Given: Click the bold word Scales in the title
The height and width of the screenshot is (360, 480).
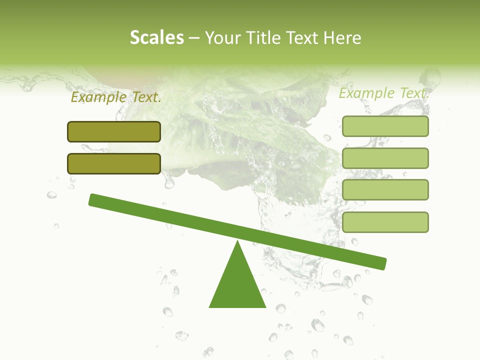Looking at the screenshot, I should [x=157, y=37].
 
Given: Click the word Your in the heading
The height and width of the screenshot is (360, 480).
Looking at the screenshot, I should [x=223, y=38].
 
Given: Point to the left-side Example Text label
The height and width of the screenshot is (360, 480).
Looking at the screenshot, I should [x=116, y=97].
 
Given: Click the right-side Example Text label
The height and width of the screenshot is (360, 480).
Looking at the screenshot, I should [x=383, y=93].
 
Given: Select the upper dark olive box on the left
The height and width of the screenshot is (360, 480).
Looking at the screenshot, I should [x=114, y=131].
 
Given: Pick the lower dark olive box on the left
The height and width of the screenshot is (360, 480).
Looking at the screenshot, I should [x=114, y=163].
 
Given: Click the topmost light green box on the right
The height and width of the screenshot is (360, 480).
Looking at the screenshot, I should [x=385, y=126].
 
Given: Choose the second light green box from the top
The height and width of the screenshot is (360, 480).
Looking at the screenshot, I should [x=385, y=158].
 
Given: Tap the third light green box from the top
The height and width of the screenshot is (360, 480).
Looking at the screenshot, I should [x=385, y=190].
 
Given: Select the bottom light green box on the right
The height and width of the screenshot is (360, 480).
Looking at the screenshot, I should [x=385, y=222].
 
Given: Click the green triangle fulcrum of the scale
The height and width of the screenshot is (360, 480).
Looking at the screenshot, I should [x=237, y=285].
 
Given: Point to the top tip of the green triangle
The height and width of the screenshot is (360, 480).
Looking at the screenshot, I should [x=237, y=242].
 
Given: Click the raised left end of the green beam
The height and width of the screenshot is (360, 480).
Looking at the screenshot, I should [x=93, y=199].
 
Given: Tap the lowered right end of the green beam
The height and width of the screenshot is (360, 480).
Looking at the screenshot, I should [x=382, y=263].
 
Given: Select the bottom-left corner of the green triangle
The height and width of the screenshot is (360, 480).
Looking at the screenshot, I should [x=210, y=306].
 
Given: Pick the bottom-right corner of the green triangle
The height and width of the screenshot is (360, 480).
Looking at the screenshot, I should [x=265, y=306].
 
